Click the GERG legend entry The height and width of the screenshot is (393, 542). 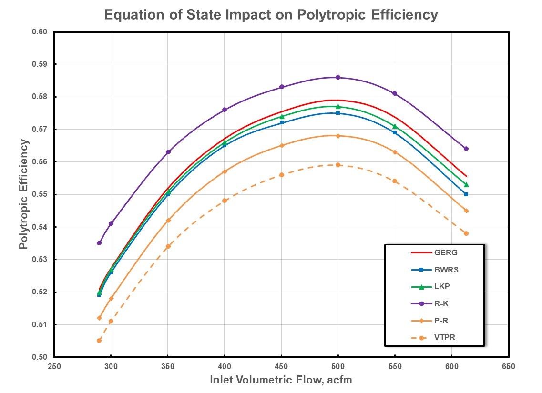(x=442, y=252)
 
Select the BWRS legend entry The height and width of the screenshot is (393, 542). (x=442, y=270)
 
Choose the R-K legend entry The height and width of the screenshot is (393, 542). (x=440, y=303)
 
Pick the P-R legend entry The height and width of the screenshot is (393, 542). (x=440, y=321)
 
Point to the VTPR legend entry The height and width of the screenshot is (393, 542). (x=442, y=338)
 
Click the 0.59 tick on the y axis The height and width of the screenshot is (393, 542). (x=41, y=64)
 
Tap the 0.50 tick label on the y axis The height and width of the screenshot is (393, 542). (x=41, y=357)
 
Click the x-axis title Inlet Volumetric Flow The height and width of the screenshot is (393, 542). (x=281, y=380)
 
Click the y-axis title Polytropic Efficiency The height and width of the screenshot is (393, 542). (x=24, y=194)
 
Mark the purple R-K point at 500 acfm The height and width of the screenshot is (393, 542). (x=338, y=77)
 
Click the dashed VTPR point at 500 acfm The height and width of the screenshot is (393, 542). (x=338, y=165)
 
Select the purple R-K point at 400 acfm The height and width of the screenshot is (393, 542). (x=225, y=110)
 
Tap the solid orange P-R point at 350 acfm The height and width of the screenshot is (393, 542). (x=168, y=220)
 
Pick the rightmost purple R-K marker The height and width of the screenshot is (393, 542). (x=466, y=149)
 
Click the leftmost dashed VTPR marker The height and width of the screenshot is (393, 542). (x=99, y=341)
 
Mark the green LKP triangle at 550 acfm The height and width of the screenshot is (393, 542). (x=395, y=126)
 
